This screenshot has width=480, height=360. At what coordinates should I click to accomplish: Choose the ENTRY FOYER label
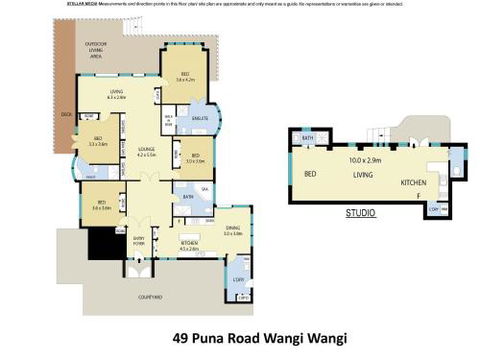pyautogui.click(x=137, y=239)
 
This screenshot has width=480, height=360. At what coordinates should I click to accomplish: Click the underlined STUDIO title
pyautogui.click(x=360, y=213)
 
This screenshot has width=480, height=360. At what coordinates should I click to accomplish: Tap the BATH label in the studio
pyautogui.click(x=308, y=137)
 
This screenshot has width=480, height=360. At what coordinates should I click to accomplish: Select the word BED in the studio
pyautogui.click(x=310, y=174)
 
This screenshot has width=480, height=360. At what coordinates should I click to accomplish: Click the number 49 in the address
pyautogui.click(x=182, y=338)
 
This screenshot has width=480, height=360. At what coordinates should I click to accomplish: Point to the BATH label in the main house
pyautogui.click(x=186, y=197)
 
